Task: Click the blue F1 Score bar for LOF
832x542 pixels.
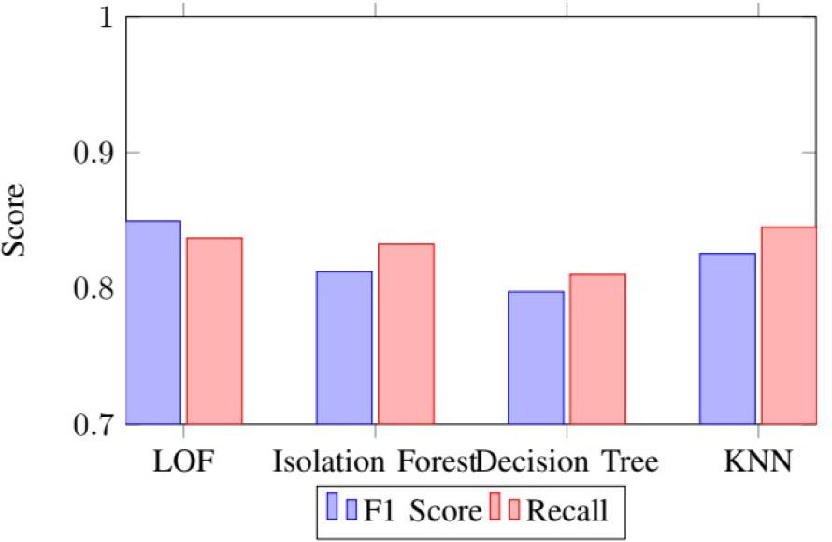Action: [153, 323]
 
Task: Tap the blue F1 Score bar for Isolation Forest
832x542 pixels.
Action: [345, 347]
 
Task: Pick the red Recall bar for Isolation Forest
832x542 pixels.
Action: [406, 334]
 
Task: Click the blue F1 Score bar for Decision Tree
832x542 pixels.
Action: [537, 358]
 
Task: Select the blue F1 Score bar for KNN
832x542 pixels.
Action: [728, 339]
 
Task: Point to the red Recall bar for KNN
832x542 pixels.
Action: [789, 326]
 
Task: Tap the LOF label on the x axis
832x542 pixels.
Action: [183, 462]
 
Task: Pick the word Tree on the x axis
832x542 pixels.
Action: [622, 462]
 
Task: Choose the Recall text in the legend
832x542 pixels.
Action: [567, 510]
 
